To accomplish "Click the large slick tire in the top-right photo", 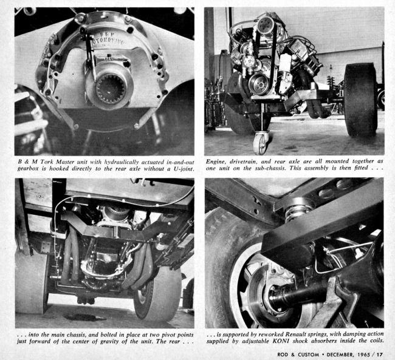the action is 360,100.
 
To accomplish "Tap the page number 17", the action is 379,355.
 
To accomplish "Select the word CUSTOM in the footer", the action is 308,355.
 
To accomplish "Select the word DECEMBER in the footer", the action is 339,355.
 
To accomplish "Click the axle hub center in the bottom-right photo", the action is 275,295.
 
